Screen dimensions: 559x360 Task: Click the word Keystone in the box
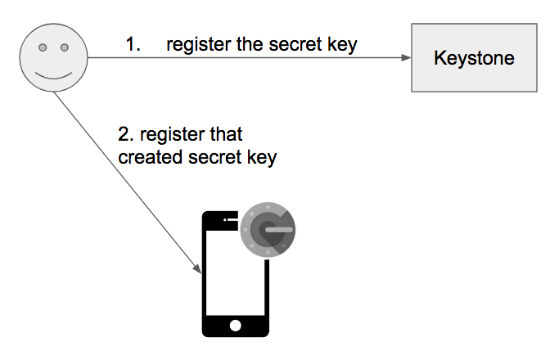474,58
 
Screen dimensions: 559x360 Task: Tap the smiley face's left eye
43,47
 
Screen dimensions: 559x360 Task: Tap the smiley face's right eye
65,47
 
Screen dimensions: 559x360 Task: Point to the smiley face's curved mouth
53,75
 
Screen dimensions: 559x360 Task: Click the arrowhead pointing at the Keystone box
406,57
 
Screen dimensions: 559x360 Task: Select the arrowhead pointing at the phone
197,268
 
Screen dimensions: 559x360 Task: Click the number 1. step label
133,44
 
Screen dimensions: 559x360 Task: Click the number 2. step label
126,134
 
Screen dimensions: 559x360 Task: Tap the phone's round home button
235,326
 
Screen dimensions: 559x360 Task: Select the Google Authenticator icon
268,230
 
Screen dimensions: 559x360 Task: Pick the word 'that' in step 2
226,134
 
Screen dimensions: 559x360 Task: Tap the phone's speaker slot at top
231,219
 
